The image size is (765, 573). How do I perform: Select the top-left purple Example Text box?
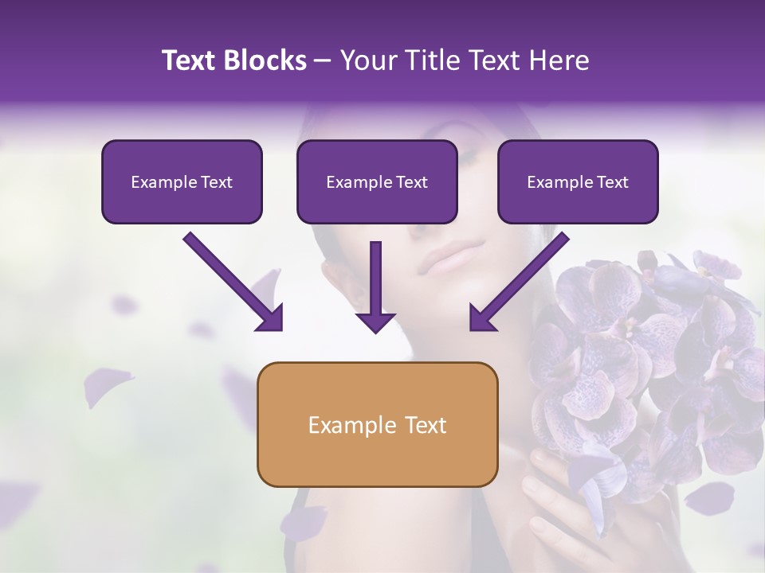182,181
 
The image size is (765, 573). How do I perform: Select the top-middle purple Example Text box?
377,181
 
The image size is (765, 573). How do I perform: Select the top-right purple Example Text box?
578,181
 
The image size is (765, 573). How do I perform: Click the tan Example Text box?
377,424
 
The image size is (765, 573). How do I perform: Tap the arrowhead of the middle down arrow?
375,321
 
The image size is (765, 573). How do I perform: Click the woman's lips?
450,259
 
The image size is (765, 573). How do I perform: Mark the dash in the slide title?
323,60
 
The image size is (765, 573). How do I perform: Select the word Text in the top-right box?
612,181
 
